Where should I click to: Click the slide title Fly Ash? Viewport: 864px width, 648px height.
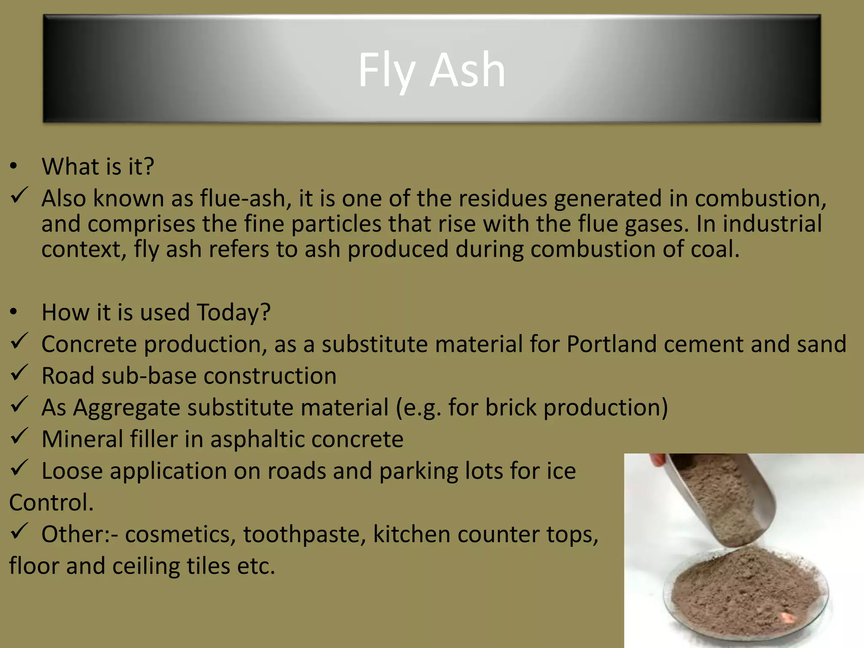[x=432, y=70]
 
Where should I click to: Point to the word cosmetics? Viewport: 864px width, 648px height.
[x=180, y=534]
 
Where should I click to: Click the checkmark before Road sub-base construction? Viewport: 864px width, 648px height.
[x=19, y=373]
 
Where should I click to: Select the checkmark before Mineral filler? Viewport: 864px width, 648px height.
[x=19, y=436]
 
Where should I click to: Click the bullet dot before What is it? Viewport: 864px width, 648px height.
[x=14, y=166]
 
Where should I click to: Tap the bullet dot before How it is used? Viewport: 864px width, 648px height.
[x=14, y=312]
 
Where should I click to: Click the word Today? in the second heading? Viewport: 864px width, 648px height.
[x=233, y=313]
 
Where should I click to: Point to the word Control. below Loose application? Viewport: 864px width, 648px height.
[x=51, y=502]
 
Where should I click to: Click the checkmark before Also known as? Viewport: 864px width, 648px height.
[x=19, y=195]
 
